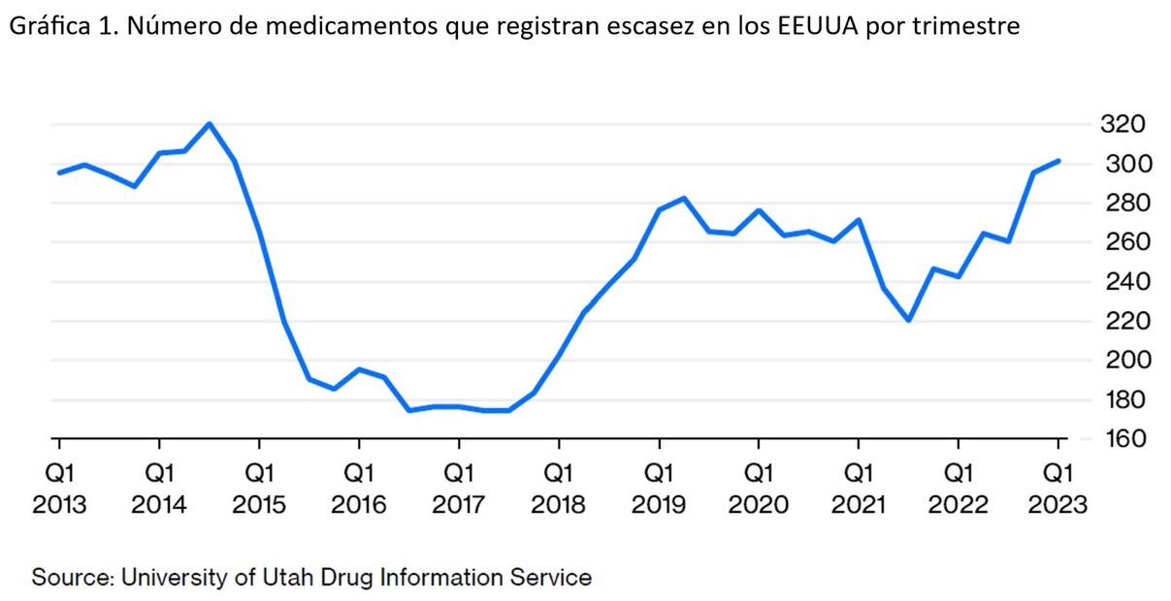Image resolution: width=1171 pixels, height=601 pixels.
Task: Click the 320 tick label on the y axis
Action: click(1123, 124)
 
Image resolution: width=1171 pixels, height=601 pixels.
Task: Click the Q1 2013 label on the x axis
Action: click(59, 490)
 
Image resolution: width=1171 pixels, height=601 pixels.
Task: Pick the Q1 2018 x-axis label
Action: click(559, 490)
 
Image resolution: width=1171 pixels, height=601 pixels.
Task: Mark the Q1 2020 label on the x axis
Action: click(759, 490)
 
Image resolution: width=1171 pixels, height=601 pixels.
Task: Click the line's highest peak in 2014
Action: click(210, 124)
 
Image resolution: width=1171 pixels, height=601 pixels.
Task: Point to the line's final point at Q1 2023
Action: click(1058, 161)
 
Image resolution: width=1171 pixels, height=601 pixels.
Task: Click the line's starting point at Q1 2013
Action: click(59, 173)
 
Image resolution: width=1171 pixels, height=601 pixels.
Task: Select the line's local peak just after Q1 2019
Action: click(685, 198)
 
